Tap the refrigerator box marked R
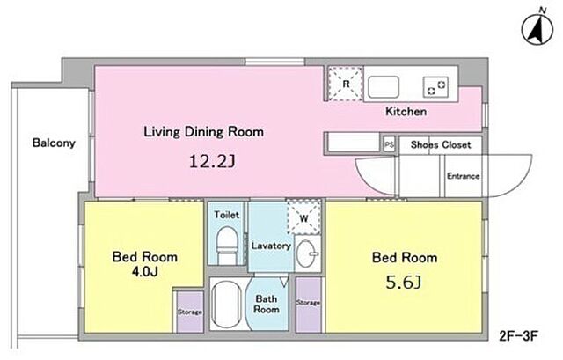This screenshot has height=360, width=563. (346, 84)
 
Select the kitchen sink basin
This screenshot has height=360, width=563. (384, 86)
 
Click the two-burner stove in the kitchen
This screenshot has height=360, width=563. (435, 87)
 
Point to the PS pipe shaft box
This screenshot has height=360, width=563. (389, 144)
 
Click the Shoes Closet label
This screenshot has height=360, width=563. (441, 144)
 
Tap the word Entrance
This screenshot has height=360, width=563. (464, 176)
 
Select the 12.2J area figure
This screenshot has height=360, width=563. (212, 162)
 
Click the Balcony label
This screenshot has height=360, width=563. (54, 143)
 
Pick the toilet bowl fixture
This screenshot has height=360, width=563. (227, 245)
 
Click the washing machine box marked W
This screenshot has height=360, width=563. (303, 217)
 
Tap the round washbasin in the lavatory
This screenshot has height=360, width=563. (307, 253)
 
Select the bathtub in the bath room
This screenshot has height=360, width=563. (226, 304)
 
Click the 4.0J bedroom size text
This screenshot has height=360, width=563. (144, 272)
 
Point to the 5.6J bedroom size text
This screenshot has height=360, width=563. (404, 283)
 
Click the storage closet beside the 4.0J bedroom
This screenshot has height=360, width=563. (189, 312)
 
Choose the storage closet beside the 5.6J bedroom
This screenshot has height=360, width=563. (309, 304)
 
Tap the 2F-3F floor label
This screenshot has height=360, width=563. (518, 336)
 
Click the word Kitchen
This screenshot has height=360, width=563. (406, 112)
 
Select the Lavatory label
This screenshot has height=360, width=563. (271, 246)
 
